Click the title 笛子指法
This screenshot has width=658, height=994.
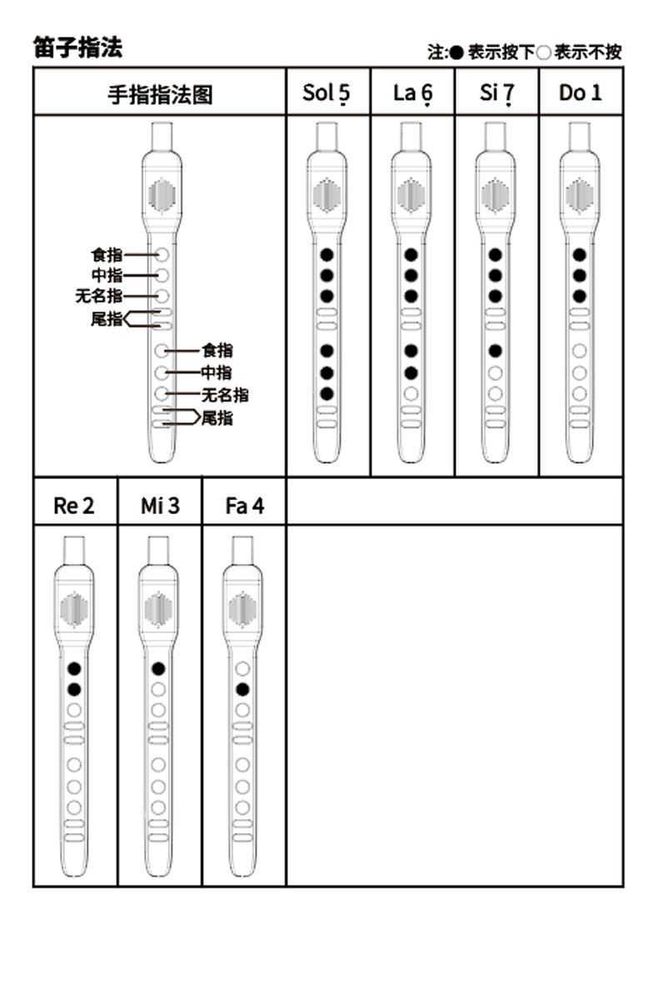pos(77,48)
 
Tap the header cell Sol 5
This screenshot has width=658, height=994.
pos(327,93)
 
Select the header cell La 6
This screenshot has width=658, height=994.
pos(412,93)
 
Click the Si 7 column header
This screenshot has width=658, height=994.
pos(497,93)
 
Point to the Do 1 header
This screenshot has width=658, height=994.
pos(580,92)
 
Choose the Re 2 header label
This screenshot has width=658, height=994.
pos(74,506)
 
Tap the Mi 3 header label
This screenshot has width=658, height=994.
pos(160,506)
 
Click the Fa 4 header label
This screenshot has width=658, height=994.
pos(245,506)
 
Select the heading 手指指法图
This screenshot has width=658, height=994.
pos(160,94)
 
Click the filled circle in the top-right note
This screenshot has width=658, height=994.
pos(456,52)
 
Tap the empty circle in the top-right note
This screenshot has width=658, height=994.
pos(543,52)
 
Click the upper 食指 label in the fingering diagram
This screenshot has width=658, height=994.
pos(107,255)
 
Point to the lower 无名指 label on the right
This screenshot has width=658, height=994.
pos(225,395)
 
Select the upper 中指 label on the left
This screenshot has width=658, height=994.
pos(107,275)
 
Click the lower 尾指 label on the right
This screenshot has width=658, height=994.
pos(217,417)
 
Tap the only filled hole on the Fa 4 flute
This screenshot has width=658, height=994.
pos(242,689)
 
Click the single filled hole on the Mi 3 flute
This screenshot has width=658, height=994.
pos(158,668)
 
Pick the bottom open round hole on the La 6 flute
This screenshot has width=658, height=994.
pos(411,393)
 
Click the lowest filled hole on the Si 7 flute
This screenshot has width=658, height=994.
pos(495,351)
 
